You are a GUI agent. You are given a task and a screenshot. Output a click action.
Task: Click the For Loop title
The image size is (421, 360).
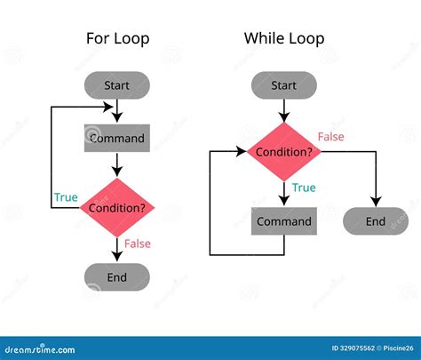point(117,38)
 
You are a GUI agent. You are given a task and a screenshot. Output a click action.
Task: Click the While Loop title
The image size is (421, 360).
point(284,38)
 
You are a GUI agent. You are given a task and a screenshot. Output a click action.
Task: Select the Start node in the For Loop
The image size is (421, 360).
point(117,85)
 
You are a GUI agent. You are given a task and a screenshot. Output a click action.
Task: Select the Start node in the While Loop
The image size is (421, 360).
point(284,85)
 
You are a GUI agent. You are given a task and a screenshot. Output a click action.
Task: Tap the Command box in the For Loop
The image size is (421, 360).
point(117,139)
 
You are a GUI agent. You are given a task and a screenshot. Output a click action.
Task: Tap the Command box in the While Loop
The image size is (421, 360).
point(284,221)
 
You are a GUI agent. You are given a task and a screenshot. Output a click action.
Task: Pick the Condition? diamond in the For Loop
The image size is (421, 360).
point(117,208)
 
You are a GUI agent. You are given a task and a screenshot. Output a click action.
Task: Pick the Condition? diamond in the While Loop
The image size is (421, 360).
point(284,152)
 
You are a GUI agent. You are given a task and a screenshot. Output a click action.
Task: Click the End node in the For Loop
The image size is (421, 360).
point(117,276)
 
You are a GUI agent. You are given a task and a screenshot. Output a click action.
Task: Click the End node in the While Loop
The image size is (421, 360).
point(376,221)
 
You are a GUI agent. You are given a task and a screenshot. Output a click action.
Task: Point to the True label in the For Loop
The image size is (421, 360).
point(65,197)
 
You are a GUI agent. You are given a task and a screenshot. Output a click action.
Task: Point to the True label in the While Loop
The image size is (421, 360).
point(304,188)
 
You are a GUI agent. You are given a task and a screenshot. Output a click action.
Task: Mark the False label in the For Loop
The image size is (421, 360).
point(138,244)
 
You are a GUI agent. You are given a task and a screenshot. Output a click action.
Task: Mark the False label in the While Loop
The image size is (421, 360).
point(332,136)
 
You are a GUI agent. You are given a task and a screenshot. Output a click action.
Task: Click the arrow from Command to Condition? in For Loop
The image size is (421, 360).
point(117,164)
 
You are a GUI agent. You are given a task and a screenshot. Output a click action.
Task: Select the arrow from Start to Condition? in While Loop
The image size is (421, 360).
point(284,110)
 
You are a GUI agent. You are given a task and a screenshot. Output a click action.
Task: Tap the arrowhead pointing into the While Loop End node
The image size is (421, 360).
point(376,203)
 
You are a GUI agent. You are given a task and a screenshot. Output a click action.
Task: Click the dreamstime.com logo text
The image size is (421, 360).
point(44,348)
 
